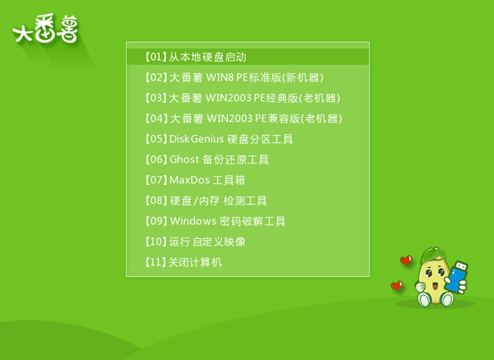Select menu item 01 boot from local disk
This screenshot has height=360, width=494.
tap(196, 57)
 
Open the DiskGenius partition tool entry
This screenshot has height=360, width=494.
tap(219, 139)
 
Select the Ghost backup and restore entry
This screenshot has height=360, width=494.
tap(207, 159)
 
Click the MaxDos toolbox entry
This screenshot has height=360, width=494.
tap(195, 180)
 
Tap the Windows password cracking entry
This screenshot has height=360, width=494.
tap(216, 221)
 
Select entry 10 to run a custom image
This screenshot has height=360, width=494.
tap(196, 241)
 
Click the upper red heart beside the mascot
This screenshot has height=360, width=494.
tap(405, 260)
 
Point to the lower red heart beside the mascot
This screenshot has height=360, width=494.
tap(397, 286)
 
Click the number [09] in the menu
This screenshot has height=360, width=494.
tap(156, 221)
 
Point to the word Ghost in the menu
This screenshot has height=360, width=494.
tap(184, 159)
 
